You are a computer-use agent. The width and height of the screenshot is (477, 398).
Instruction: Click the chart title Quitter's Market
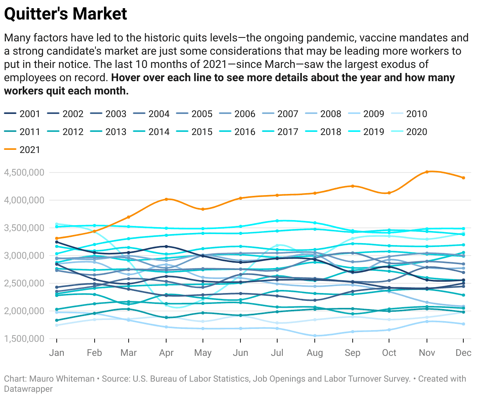click(x=65, y=14)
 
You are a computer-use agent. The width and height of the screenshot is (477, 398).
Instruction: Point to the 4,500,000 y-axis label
click(x=24, y=172)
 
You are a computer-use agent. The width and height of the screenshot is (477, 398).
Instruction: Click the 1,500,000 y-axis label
click(x=24, y=339)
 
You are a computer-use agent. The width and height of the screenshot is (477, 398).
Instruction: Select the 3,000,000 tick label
click(x=24, y=256)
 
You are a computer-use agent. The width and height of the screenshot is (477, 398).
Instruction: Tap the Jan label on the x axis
click(x=57, y=353)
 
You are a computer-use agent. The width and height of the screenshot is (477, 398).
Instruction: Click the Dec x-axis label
click(x=463, y=353)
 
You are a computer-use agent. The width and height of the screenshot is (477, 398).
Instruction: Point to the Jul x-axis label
click(x=277, y=353)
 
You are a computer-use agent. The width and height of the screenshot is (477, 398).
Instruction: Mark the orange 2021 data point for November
click(x=427, y=172)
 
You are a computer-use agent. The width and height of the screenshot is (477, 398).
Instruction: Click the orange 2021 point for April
click(x=167, y=199)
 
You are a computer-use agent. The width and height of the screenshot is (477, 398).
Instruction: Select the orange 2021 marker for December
click(x=464, y=178)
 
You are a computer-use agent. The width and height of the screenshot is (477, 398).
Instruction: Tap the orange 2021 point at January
click(x=57, y=238)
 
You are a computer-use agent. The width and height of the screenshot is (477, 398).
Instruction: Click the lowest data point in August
click(x=315, y=336)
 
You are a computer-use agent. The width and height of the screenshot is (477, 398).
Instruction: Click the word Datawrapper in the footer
click(x=28, y=389)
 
